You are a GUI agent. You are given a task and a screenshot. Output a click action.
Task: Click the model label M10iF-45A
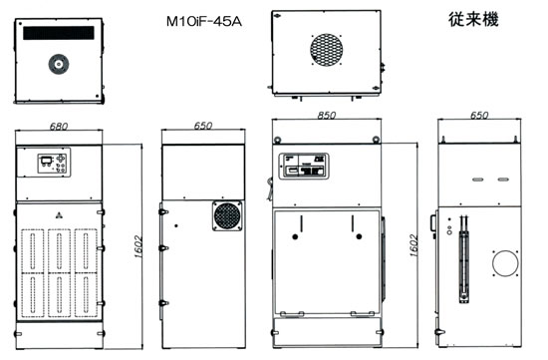coord(203,22)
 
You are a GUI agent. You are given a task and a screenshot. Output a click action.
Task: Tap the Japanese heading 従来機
coord(473,20)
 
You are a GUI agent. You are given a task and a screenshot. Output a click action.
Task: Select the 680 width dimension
coord(59,126)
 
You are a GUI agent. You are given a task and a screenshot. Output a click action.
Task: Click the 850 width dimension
coord(327,115)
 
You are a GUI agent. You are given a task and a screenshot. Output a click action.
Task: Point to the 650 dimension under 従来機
coord(479,115)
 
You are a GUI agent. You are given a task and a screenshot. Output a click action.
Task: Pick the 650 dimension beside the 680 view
coord(202,126)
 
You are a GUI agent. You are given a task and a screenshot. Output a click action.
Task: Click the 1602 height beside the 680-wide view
coord(138,246)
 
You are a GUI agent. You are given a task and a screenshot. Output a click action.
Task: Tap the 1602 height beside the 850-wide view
coord(413,245)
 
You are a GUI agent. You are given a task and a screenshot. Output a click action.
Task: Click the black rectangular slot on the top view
coord(59,33)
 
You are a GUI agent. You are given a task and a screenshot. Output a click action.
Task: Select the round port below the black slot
coord(59,64)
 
